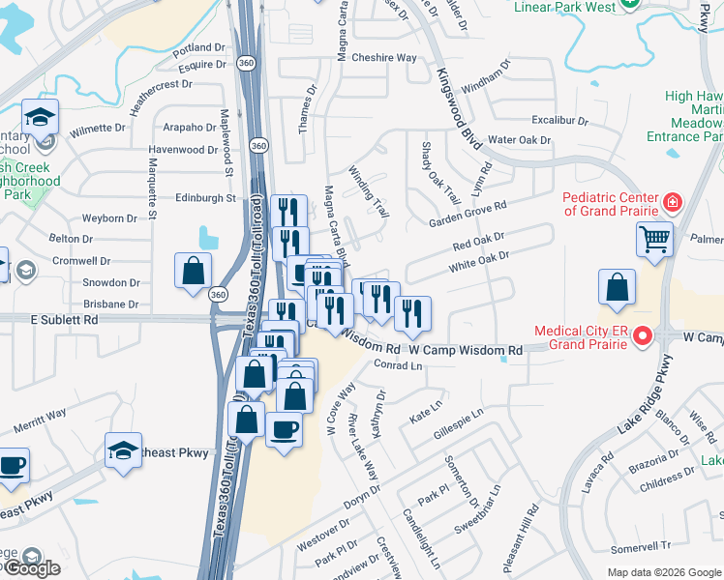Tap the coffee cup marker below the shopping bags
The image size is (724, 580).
coord(284,428)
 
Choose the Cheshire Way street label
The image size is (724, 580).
coord(384,58)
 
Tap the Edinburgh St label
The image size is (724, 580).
coord(205,198)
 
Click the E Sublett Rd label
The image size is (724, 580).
coord(64,318)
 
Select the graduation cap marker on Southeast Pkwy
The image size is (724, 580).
coord(124,451)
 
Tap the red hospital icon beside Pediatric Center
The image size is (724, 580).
coord(672,203)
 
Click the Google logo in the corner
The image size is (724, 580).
coord(31,568)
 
